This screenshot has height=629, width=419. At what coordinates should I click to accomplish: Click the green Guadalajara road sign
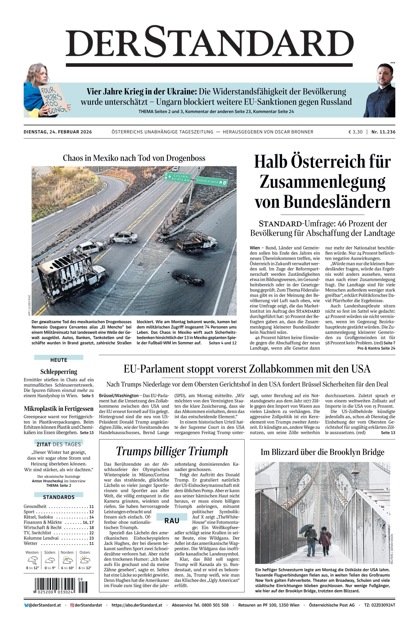(212, 181)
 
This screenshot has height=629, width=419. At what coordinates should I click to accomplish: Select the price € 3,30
(355, 132)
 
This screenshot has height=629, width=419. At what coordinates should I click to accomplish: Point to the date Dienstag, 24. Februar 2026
(58, 132)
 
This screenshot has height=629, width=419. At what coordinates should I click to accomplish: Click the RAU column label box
(172, 521)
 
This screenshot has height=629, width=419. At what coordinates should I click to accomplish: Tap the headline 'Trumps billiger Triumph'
(172, 451)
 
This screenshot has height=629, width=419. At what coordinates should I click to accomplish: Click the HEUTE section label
(59, 360)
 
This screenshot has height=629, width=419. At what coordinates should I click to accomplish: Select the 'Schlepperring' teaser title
(59, 372)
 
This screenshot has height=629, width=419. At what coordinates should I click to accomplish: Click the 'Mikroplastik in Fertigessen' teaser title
(59, 409)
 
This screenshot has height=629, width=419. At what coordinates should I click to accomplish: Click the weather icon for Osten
(85, 560)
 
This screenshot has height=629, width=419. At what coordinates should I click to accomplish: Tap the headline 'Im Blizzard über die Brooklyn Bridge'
(322, 452)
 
